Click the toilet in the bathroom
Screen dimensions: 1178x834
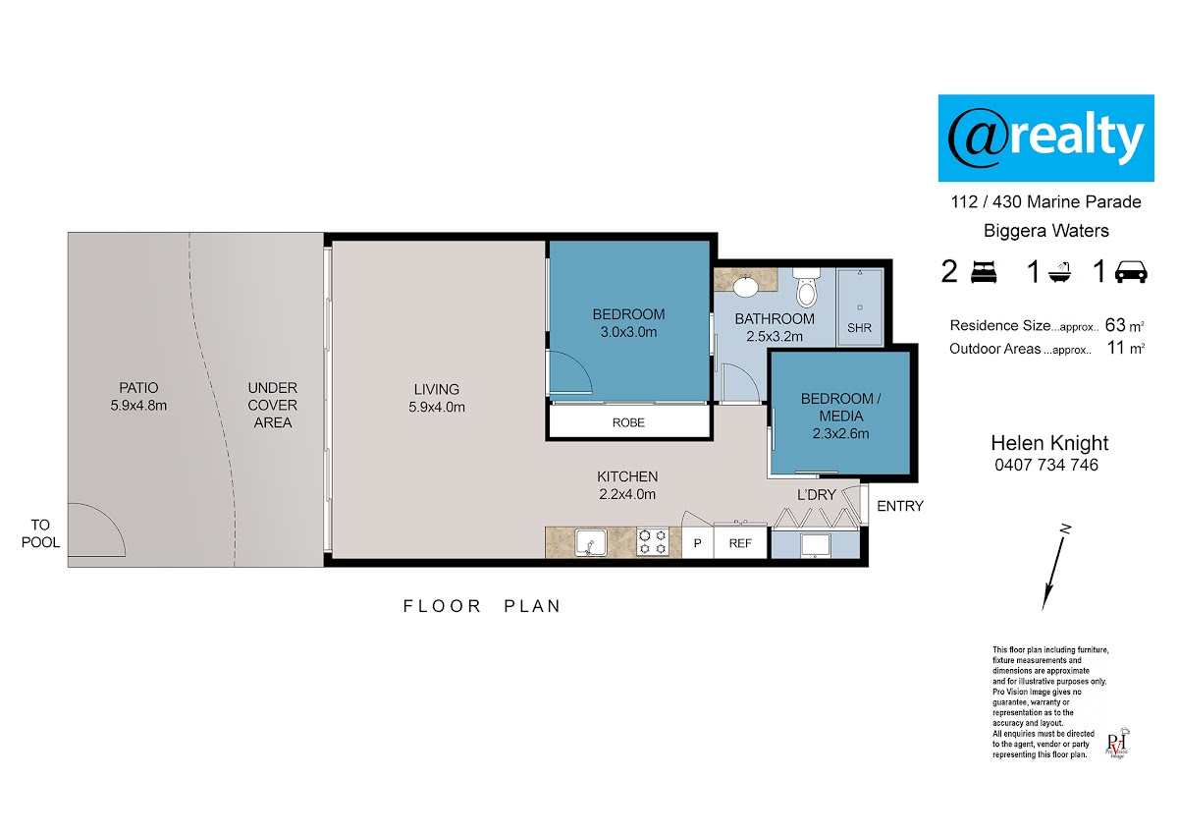[x=806, y=287]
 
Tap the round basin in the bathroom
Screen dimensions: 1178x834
[x=745, y=287]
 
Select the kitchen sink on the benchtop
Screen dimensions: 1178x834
[x=591, y=542]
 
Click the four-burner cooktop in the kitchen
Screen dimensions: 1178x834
[x=653, y=542]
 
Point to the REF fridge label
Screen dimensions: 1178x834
[x=740, y=543]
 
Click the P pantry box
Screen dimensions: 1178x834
[x=697, y=542]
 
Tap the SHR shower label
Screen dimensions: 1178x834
[x=859, y=328]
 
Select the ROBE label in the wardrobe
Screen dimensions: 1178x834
[x=628, y=422]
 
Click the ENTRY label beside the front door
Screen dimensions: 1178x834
[x=900, y=506]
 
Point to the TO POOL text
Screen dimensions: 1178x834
[x=40, y=533]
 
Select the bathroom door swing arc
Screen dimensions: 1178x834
[x=748, y=377]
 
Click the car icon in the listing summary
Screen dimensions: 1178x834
[x=1131, y=272]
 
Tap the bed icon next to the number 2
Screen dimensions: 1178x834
[x=983, y=273]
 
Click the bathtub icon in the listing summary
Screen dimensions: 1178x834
[x=1059, y=272]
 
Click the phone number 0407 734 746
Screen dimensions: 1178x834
[x=1046, y=466]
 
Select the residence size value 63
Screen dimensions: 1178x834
[x=1115, y=325]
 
